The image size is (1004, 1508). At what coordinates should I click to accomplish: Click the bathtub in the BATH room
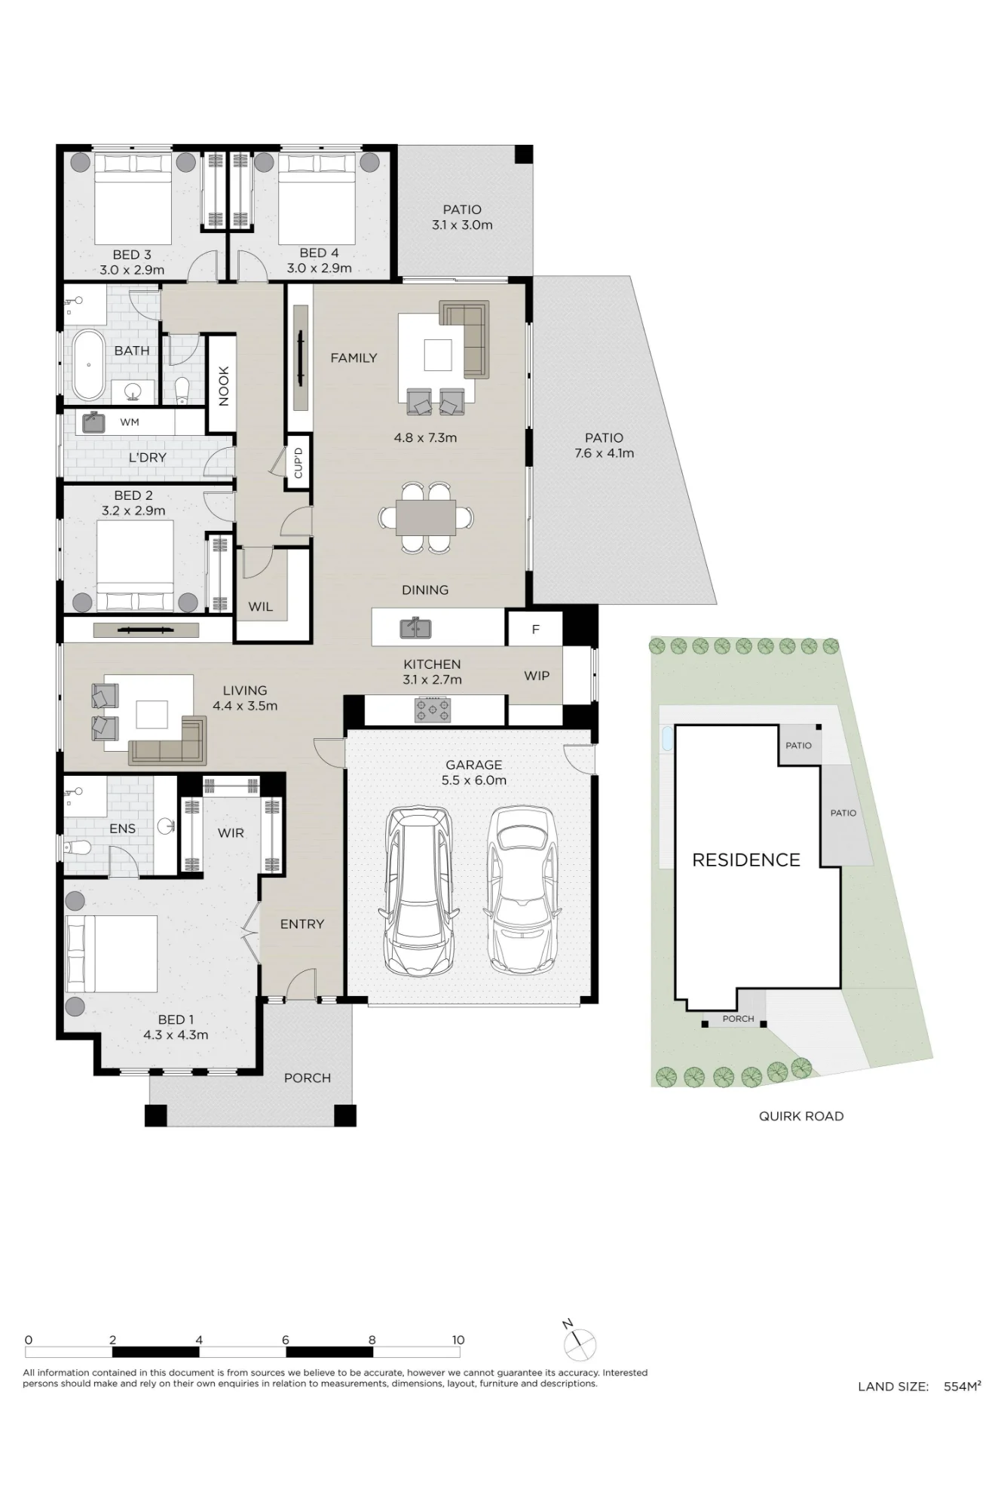(88, 365)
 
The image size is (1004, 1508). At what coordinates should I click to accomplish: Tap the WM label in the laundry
(130, 422)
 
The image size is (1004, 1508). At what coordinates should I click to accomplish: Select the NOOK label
(224, 386)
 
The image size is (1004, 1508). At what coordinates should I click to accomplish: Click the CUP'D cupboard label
(298, 463)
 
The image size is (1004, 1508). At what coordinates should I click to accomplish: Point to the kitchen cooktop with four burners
(433, 710)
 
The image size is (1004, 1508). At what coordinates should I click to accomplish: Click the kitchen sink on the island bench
(415, 627)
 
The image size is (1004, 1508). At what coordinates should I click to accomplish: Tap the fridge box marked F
(535, 629)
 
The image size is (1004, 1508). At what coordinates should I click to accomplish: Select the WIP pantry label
(537, 676)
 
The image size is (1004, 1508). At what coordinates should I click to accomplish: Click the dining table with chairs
(426, 518)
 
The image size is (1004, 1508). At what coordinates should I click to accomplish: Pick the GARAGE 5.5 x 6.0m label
(473, 773)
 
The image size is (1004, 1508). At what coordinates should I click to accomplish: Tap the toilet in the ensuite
(77, 848)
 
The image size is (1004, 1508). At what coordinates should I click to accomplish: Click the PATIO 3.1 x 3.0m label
(462, 217)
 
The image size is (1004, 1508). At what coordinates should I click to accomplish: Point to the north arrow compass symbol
(579, 1344)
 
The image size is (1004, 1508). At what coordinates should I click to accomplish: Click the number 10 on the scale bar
(458, 1340)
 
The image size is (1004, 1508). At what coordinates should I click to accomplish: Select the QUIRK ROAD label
(801, 1116)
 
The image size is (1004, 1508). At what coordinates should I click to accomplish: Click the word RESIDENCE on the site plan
(746, 860)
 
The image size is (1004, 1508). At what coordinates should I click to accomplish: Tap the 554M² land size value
(963, 1386)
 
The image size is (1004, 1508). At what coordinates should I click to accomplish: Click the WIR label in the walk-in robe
(231, 833)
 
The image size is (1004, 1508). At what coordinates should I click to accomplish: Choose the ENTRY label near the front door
(302, 924)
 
